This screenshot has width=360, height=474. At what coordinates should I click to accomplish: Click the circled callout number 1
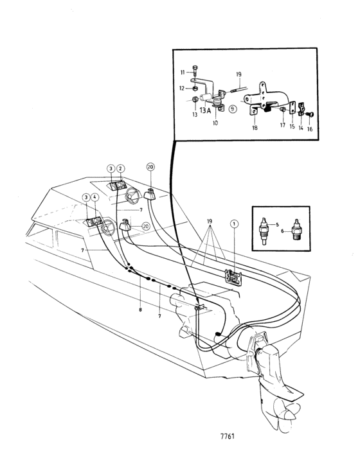[x=234, y=224]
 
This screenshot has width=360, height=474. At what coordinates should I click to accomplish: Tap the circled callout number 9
[x=232, y=109]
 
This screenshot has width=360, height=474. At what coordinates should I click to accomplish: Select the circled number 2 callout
[x=120, y=168]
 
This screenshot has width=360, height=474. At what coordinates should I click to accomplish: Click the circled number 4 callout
[x=94, y=197]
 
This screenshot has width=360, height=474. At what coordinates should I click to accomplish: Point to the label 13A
[x=205, y=110]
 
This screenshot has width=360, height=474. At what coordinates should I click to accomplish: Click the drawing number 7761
[x=227, y=436]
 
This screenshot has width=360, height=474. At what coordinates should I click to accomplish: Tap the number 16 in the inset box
[x=310, y=129]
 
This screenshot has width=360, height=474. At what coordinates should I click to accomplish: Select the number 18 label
[x=255, y=128]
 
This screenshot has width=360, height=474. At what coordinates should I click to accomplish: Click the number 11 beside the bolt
[x=183, y=72]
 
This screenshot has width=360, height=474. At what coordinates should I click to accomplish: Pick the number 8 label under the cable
[x=140, y=310]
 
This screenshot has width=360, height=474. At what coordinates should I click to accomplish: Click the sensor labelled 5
[x=264, y=231]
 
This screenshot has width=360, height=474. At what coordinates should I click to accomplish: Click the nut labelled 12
[x=195, y=88]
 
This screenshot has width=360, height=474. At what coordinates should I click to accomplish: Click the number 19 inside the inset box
[x=239, y=75]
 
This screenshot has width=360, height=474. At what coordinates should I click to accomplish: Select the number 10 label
[x=215, y=123]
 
